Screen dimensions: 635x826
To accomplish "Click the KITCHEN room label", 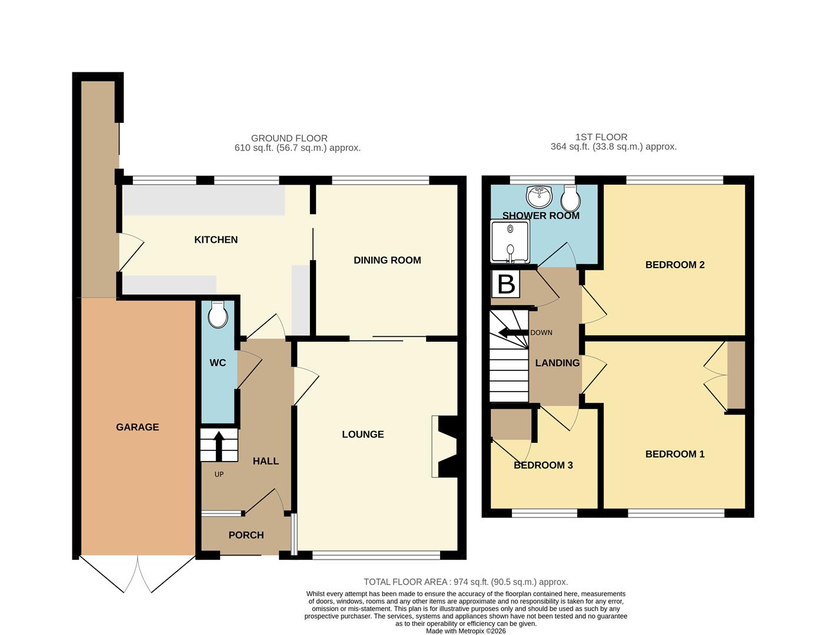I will pyautogui.click(x=216, y=240).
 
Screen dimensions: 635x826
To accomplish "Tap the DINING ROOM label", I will pyautogui.click(x=387, y=260).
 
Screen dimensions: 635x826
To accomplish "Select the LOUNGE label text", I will pyautogui.click(x=363, y=435).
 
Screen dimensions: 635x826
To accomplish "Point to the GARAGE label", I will pyautogui.click(x=137, y=427).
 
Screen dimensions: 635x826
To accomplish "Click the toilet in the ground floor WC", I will pyautogui.click(x=218, y=315).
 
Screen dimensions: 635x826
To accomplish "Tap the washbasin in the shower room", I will pyautogui.click(x=539, y=193).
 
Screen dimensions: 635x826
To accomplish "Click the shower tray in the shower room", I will pyautogui.click(x=509, y=241).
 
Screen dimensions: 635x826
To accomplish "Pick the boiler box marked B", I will pyautogui.click(x=506, y=284).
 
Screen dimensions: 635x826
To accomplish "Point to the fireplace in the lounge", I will pyautogui.click(x=445, y=447).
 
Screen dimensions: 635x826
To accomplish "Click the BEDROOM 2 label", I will pyautogui.click(x=675, y=265).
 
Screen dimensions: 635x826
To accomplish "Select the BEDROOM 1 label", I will pyautogui.click(x=675, y=454).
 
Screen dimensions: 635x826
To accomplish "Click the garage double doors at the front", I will pyautogui.click(x=137, y=573).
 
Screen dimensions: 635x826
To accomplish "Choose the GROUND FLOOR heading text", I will pyautogui.click(x=289, y=139).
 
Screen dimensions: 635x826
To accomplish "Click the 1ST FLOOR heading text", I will pyautogui.click(x=601, y=137).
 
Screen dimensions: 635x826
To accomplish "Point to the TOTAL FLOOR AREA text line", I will pyautogui.click(x=465, y=582).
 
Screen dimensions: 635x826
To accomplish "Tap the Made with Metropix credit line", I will pyautogui.click(x=465, y=631).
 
